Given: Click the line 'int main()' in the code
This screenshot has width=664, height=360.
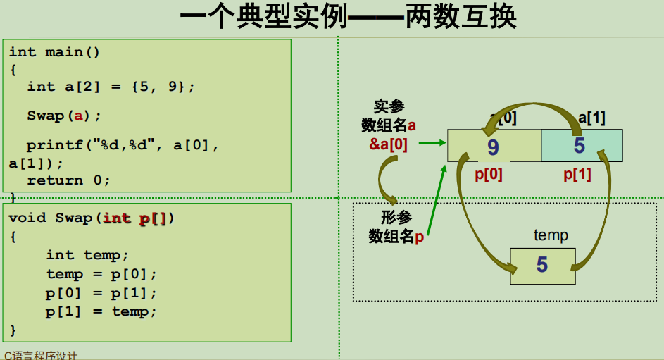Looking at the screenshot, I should tap(55, 52).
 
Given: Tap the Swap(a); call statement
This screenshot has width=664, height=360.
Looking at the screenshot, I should tap(64, 116).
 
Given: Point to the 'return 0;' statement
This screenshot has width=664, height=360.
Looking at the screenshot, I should tap(69, 180).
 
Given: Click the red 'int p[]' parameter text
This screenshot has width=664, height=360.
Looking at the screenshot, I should tap(134, 218).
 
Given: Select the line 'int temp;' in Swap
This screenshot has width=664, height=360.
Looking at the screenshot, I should tap(87, 255).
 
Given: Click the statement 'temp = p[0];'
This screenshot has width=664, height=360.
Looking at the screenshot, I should tap(101, 274).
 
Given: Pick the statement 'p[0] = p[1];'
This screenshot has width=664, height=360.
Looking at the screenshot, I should tap(101, 293).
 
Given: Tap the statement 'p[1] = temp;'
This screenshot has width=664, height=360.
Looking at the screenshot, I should tap(101, 311).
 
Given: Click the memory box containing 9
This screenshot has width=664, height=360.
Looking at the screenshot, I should tap(494, 146).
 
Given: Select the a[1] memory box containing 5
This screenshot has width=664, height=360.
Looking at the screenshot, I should tap(581, 146).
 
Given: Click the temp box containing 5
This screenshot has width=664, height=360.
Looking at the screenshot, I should tap(542, 266).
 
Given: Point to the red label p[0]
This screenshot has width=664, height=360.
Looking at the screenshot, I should tap(489, 174).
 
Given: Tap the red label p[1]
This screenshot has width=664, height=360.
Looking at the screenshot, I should tap(577, 174).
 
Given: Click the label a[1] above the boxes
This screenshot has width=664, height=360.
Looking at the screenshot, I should tap(591, 118).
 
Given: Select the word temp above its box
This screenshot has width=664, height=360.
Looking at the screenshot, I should tap(551, 235).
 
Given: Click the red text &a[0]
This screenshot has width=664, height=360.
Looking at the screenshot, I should tap(389, 143).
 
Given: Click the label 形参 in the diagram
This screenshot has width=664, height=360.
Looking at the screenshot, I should tap(396, 218).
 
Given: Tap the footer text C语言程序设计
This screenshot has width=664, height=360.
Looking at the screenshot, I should tap(41, 355).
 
